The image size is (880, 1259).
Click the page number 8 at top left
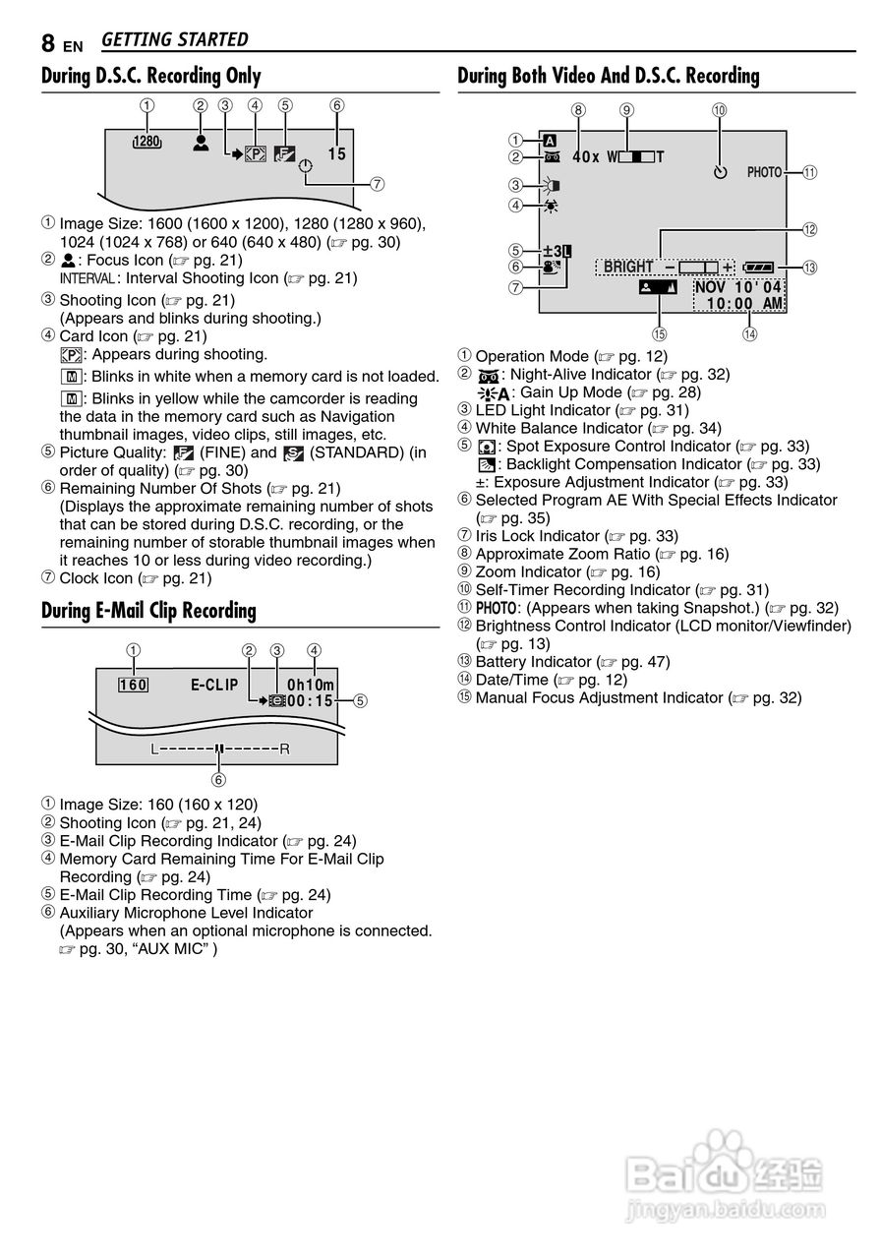48,42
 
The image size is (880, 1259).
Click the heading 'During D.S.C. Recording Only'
151,76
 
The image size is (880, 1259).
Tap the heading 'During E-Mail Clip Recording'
148,611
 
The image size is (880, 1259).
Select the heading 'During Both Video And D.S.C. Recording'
609,76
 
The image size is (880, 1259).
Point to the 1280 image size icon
146,143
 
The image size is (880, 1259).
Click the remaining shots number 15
337,153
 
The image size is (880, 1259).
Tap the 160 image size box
133,685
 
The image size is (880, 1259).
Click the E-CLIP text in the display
214,685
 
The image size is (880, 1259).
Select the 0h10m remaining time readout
311,685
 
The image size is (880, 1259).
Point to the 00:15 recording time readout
311,701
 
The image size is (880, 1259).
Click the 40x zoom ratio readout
585,156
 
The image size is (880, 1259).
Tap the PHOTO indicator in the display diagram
764,172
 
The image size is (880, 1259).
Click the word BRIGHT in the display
628,267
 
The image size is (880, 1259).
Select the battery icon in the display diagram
761,267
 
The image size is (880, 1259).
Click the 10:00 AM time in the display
744,303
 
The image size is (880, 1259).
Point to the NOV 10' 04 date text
738,286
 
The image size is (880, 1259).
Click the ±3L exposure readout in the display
557,250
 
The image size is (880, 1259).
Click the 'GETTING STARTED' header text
174,40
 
